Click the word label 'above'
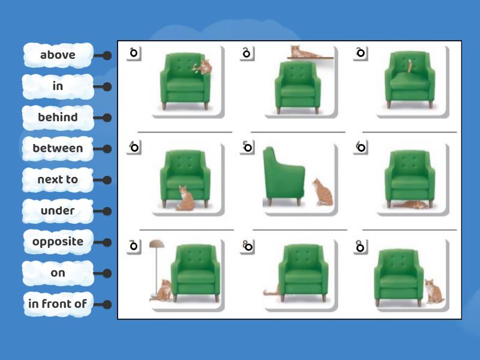(x=58, y=55)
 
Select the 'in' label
(x=58, y=86)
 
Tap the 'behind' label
(x=58, y=118)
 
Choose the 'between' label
(x=58, y=148)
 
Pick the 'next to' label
(x=58, y=179)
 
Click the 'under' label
(x=58, y=211)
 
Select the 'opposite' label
(x=58, y=242)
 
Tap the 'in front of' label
(x=58, y=304)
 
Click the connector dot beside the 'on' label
(x=107, y=274)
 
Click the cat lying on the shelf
(x=304, y=52)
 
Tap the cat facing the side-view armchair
(x=323, y=191)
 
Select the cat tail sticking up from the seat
(x=410, y=66)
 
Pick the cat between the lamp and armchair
(x=164, y=291)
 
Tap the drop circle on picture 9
(x=360, y=246)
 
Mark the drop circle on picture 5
(x=247, y=148)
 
